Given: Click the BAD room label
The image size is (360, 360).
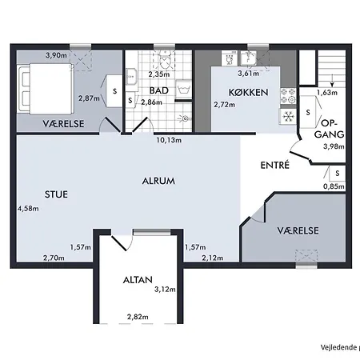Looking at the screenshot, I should pos(158,90).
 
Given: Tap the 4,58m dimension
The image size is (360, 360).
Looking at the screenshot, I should pos(27,209).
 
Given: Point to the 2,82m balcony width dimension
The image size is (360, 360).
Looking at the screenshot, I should pos(138,318).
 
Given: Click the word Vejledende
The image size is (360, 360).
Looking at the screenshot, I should pos(336,347).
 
